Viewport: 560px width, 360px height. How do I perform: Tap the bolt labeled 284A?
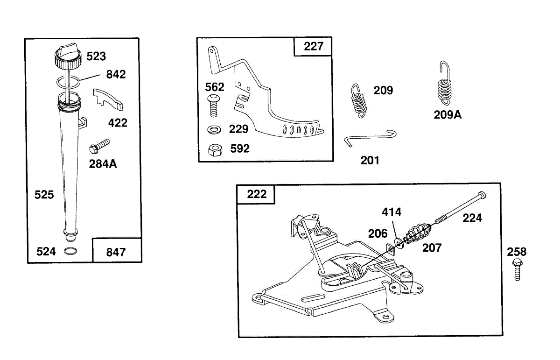tap(98, 146)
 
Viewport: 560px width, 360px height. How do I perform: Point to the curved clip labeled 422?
tap(108, 99)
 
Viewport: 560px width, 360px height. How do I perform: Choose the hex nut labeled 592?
tap(215, 149)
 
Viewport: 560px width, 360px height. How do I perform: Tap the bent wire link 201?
tap(371, 138)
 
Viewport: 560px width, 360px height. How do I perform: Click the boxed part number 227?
tap(313, 47)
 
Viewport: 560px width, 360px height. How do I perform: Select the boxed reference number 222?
tap(256, 194)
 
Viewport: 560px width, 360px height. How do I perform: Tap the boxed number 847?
tap(116, 252)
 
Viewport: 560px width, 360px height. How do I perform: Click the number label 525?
tap(44, 195)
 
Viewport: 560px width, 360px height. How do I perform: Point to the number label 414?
tap(392, 212)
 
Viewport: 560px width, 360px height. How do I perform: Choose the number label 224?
tap(472, 218)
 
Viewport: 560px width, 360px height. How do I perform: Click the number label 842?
tap(116, 75)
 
